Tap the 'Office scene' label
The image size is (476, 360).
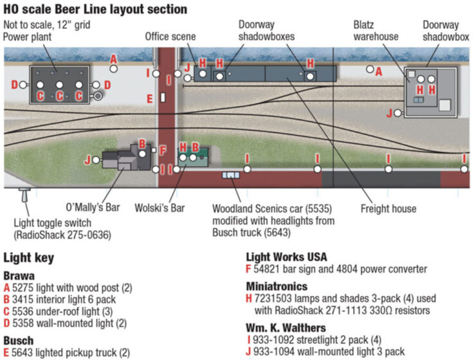click(x=170, y=37)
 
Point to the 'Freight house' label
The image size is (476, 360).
click(x=388, y=208)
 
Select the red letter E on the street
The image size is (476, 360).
click(x=149, y=98)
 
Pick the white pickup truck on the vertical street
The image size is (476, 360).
click(x=163, y=98)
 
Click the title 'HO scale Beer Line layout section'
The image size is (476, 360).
click(x=95, y=9)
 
